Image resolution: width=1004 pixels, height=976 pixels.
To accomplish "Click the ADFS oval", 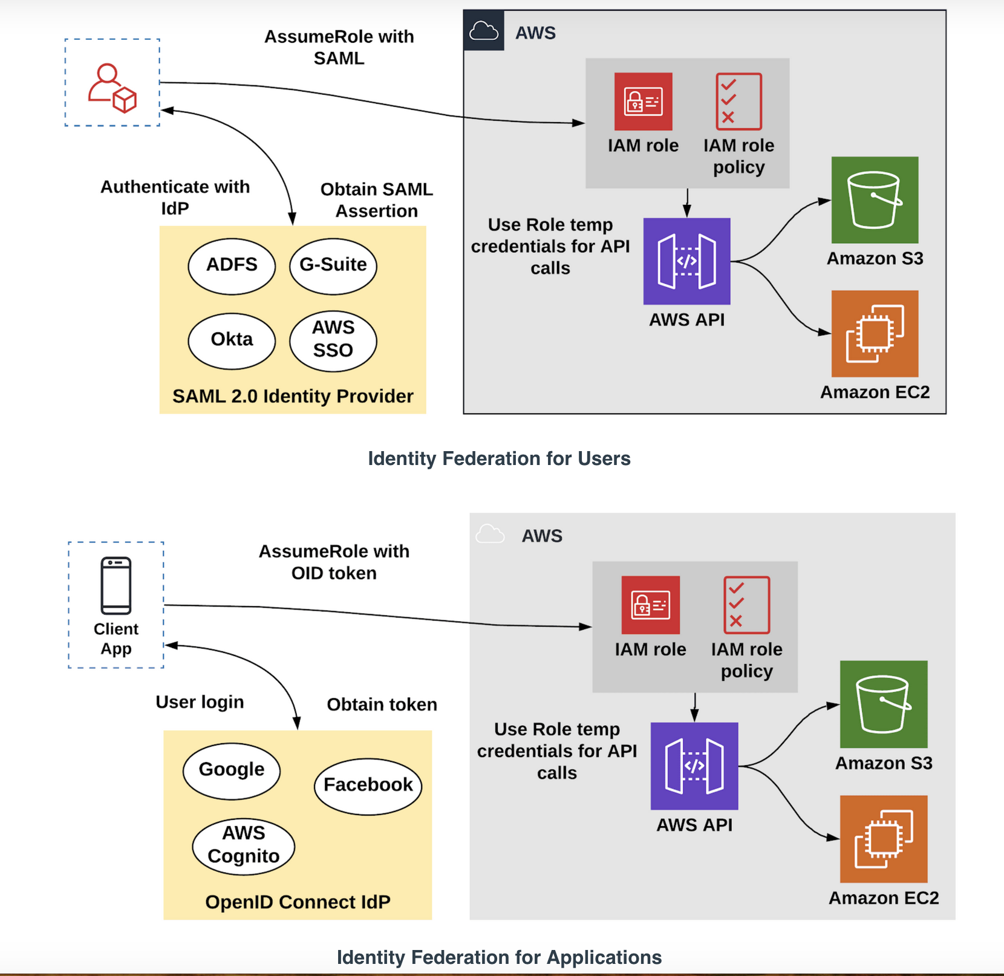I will (x=232, y=266).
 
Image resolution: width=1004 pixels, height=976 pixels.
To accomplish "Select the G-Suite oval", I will (x=333, y=266).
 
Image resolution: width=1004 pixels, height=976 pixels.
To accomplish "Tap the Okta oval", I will (x=232, y=340).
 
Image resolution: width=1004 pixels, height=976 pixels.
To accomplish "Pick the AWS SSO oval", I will (x=333, y=340).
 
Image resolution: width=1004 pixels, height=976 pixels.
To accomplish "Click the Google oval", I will (x=232, y=771).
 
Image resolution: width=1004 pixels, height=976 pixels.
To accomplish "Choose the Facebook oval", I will (x=368, y=786).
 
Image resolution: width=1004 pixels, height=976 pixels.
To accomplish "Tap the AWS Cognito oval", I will (x=244, y=846).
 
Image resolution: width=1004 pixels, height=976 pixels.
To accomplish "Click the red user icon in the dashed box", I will (x=112, y=88).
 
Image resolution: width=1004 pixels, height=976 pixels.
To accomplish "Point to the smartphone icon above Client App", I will (x=116, y=585).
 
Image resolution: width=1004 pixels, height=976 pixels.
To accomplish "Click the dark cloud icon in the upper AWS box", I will (x=484, y=30).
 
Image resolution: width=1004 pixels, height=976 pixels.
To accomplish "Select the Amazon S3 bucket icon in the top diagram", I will (x=875, y=200).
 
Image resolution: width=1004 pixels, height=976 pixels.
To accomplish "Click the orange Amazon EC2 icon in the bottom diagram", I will (x=883, y=839).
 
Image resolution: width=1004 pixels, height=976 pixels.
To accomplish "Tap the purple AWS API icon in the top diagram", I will (x=686, y=261).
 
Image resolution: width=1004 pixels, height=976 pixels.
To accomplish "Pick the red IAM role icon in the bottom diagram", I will (x=650, y=605).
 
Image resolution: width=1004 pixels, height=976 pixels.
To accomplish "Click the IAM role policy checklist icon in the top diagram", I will (x=738, y=102).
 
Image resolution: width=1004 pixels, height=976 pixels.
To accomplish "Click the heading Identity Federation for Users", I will (x=499, y=458).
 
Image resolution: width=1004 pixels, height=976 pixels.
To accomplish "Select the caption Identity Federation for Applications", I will (x=499, y=957).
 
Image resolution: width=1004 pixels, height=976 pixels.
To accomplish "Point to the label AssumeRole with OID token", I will (x=334, y=562).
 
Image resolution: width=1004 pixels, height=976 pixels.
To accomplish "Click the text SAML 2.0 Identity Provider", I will (x=293, y=396).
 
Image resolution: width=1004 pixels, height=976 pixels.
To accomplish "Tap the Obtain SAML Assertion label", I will (x=376, y=200).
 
